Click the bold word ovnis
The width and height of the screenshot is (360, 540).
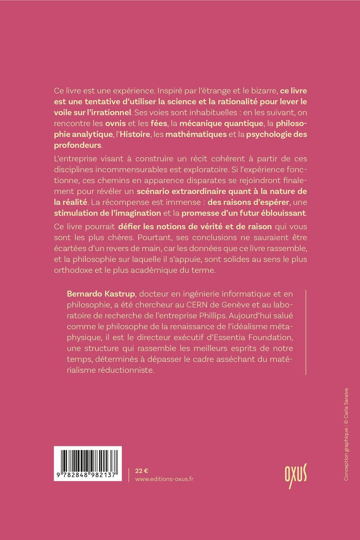coord(115,123)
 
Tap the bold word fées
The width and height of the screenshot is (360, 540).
coord(159,123)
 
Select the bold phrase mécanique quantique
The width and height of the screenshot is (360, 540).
coord(221,123)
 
